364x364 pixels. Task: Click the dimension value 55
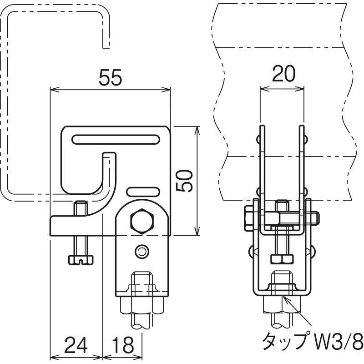pyautogui.click(x=110, y=77)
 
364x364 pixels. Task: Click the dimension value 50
pyautogui.click(x=184, y=181)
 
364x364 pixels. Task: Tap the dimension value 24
pyautogui.click(x=76, y=345)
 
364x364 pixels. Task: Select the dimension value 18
pyautogui.click(x=123, y=345)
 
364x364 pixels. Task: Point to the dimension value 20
pyautogui.click(x=283, y=74)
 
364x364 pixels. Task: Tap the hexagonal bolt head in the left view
pyautogui.click(x=142, y=221)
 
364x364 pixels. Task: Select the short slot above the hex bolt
pyautogui.click(x=143, y=192)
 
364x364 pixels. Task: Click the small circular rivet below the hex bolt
pyautogui.click(x=142, y=252)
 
